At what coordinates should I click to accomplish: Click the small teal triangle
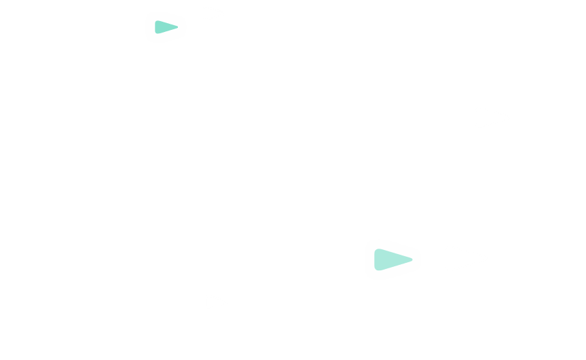coord(164,27)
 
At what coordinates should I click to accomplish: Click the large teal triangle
coord(389,259)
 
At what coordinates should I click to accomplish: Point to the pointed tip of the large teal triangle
coord(412,259)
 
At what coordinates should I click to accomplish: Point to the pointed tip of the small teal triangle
coord(177,27)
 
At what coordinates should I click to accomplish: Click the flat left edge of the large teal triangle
coord(376,259)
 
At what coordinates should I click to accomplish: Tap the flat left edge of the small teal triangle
coord(155,27)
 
